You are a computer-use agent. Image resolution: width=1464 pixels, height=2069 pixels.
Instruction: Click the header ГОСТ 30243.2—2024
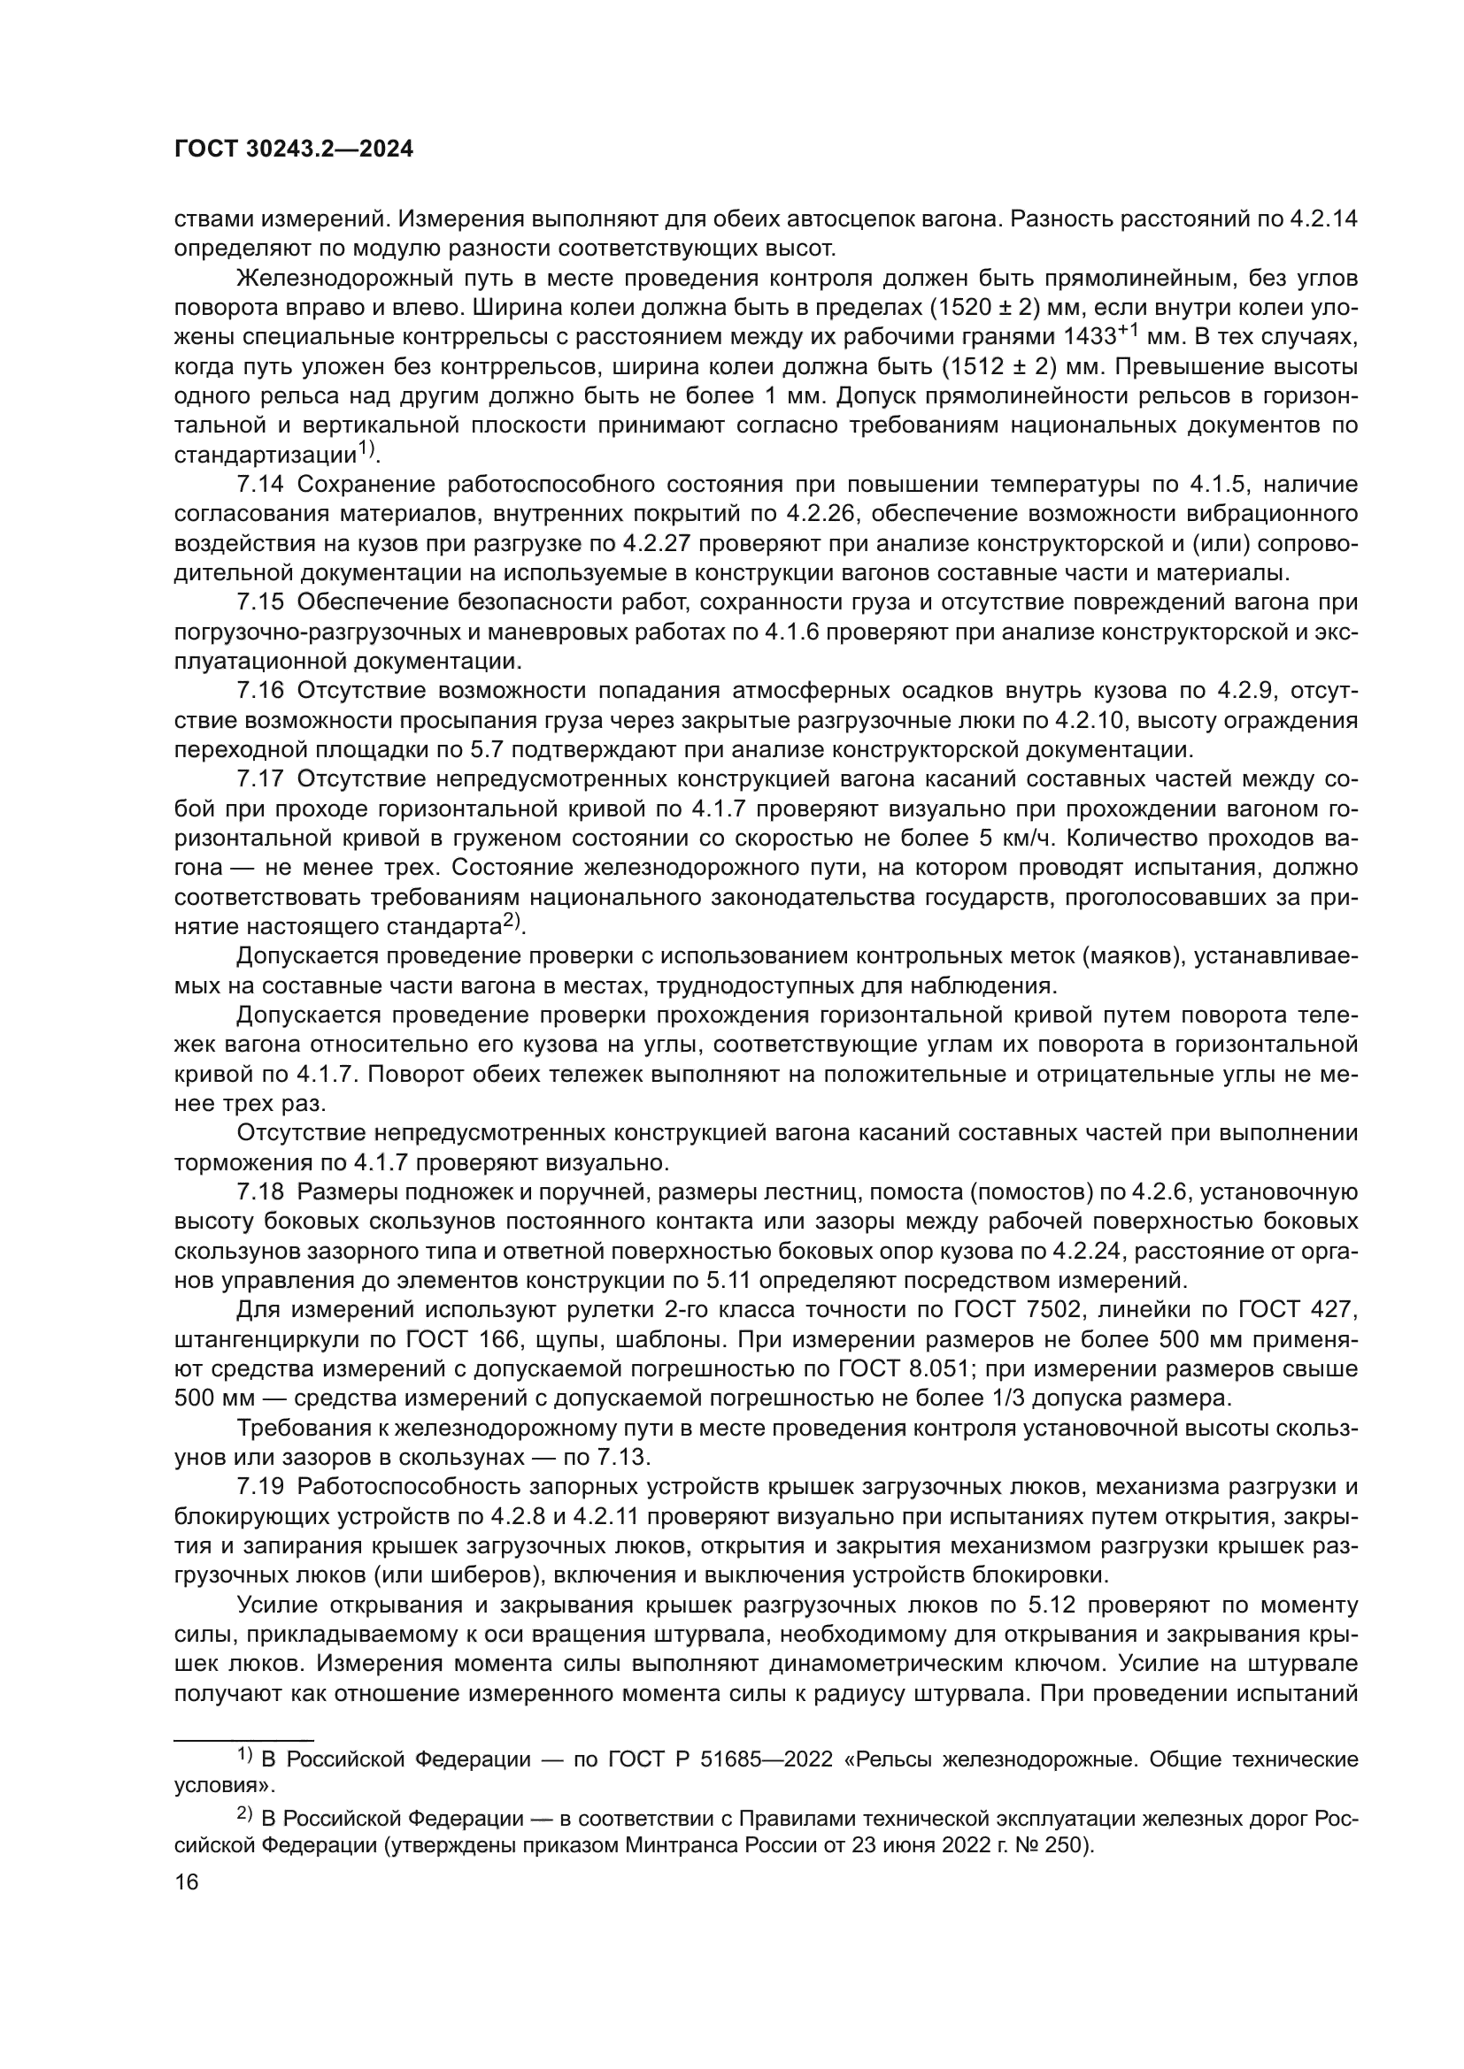coord(293,149)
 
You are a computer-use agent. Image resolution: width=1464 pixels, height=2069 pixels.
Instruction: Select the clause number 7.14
coord(260,485)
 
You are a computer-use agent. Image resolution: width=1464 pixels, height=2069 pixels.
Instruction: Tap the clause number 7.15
coord(260,603)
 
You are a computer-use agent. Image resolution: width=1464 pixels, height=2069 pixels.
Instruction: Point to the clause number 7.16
coord(260,691)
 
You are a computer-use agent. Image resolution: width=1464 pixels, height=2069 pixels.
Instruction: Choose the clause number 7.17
coord(260,779)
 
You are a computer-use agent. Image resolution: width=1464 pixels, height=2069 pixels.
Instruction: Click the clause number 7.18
coord(260,1193)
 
